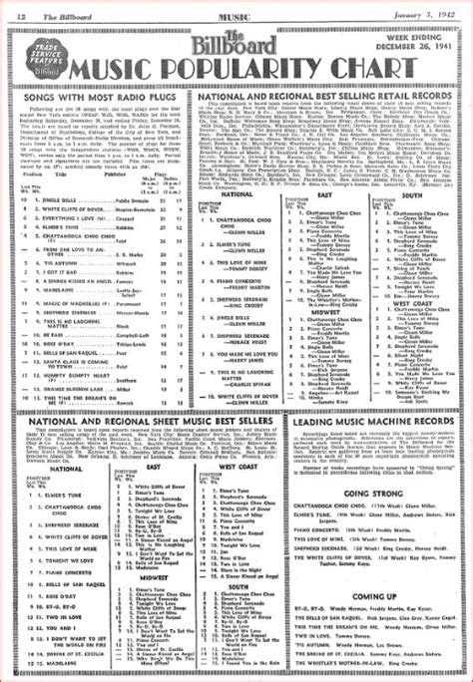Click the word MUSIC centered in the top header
coord(237,10)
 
